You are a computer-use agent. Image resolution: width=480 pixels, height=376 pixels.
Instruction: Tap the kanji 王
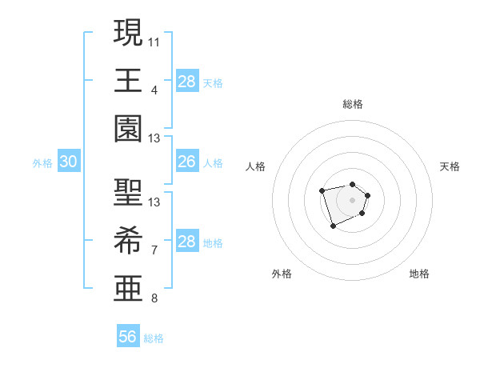point(128,80)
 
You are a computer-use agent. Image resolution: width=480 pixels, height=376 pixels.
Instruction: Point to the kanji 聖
point(128,192)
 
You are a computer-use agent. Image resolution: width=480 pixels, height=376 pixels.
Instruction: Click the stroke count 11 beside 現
point(154,41)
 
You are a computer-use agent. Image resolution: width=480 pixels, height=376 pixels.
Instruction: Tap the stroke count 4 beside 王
point(154,90)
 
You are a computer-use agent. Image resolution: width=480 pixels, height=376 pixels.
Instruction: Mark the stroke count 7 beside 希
point(154,251)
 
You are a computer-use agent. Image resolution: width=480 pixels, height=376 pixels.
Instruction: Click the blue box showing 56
point(128,337)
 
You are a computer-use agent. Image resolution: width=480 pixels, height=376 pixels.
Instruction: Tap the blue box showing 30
point(69,162)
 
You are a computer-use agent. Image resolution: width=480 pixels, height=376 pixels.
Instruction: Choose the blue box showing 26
point(187,162)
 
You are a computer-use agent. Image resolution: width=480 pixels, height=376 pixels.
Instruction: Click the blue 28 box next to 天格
point(187,81)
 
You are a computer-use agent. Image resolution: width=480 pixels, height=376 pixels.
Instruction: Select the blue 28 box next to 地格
point(187,242)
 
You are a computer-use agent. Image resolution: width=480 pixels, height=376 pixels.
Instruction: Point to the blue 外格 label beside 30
point(42,163)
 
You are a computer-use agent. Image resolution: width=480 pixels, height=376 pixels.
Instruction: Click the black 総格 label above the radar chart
point(352,104)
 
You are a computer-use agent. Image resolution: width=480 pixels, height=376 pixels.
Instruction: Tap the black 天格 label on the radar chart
point(450,166)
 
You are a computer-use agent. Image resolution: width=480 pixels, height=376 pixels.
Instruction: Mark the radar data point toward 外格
point(334,226)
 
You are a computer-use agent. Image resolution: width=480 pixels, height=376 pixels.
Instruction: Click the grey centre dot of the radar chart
point(352,199)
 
